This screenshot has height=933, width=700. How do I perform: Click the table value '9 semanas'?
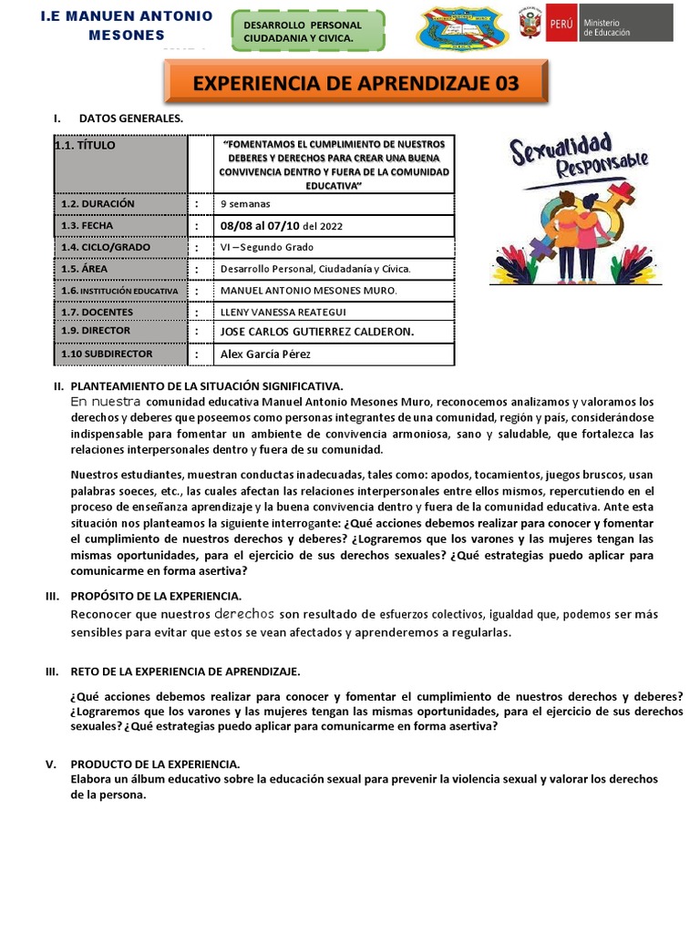coord(245,204)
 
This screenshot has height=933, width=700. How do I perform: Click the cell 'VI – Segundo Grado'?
coord(267,247)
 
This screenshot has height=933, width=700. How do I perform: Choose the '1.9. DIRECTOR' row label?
coord(96,331)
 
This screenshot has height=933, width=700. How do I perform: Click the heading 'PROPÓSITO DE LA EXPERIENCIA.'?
coord(156,595)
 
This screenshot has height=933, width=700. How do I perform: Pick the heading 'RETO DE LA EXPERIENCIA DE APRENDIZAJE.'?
coord(185,672)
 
